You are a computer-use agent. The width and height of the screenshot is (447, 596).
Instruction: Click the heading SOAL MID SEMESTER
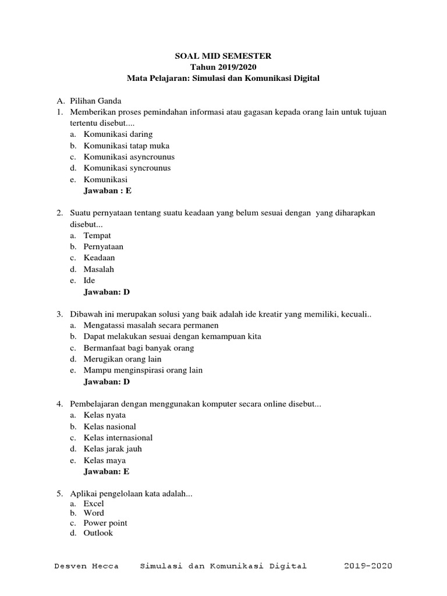223,56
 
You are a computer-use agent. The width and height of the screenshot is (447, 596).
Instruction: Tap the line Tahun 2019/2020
223,67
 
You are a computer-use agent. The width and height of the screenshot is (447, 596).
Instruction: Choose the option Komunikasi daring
118,134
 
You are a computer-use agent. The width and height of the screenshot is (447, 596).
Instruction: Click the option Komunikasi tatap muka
126,146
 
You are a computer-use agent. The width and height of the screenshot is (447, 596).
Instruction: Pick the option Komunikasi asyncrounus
129,157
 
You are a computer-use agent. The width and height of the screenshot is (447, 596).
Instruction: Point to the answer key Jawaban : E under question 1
112,190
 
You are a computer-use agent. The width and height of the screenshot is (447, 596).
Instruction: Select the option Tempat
97,236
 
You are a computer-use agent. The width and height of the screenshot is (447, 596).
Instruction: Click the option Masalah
99,269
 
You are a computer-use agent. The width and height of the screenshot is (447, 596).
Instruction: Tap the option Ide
89,281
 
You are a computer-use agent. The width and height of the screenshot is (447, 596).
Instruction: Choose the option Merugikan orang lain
122,359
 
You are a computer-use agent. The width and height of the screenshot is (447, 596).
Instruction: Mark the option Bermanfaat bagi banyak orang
139,348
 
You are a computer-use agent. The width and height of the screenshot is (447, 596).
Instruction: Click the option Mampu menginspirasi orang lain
143,370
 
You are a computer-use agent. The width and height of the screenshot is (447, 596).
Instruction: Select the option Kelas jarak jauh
112,449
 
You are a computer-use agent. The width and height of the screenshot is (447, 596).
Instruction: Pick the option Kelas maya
105,460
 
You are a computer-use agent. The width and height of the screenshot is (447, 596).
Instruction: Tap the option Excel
94,503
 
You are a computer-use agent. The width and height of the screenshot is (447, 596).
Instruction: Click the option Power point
105,523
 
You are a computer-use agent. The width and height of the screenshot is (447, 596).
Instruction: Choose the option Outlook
98,533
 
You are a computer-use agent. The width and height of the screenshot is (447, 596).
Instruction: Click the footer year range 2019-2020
368,566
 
